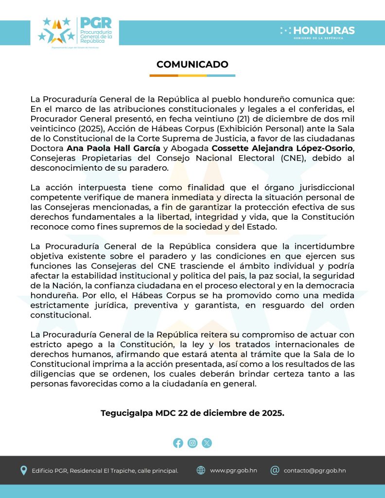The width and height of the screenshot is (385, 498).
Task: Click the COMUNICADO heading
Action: click(192, 65)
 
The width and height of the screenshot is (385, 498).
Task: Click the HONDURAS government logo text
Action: click(324, 31)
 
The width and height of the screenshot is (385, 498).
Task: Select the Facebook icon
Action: click(178, 443)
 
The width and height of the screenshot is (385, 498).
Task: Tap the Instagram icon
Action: click(192, 443)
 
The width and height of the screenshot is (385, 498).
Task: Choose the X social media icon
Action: click(207, 443)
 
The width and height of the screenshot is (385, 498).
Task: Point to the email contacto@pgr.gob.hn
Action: click(315, 471)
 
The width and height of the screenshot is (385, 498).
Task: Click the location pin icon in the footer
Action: click(23, 470)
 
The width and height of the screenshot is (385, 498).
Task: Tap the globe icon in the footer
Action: click(201, 470)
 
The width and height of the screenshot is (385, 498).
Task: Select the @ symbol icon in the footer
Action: click(275, 470)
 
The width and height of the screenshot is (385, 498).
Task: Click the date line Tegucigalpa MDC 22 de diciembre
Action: click(192, 413)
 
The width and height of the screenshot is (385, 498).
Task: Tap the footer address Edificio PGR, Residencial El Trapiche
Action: click(105, 471)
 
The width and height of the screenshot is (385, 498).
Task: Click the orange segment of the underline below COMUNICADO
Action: click(163, 75)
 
